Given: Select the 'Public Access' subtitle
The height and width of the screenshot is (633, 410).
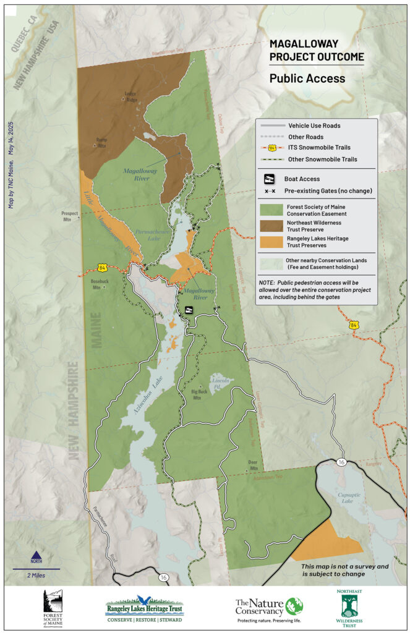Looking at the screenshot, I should tap(307, 79).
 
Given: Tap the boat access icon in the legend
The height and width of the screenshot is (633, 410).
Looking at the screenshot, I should tap(270, 179).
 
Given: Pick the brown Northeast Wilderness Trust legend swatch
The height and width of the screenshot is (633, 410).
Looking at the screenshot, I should tap(270, 226).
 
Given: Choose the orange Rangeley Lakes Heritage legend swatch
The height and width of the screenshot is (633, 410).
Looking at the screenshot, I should tap(270, 242).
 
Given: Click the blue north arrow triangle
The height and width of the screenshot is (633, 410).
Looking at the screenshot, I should tap(36, 554).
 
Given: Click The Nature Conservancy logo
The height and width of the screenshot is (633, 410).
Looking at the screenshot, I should tap(269, 608).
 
